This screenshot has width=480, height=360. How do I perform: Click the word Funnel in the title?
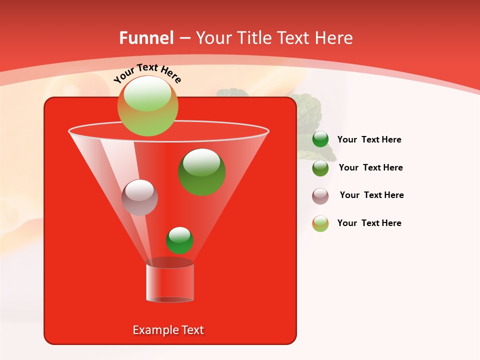146,38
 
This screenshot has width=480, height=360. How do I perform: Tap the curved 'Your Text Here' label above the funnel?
147,73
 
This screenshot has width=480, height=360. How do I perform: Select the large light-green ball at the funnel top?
147,105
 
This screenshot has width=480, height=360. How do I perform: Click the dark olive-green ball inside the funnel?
202,171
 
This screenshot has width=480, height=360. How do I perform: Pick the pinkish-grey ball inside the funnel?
139,197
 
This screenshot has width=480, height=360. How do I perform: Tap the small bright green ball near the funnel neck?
179,240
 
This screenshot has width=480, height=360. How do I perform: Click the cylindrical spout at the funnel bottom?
170,282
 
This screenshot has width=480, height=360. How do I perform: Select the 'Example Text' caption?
168,330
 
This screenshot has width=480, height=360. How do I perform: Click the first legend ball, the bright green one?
320,139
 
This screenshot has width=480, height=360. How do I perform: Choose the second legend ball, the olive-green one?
320,168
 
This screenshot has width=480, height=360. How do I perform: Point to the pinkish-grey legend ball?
320,196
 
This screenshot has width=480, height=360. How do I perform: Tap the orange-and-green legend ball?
320,223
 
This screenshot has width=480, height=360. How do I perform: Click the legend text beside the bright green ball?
369,140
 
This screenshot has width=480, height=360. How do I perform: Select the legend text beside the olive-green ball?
370,168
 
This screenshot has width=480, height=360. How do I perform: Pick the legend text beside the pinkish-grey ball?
371,195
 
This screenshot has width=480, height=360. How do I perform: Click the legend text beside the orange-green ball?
369,223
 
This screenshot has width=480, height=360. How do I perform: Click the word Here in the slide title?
334,38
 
